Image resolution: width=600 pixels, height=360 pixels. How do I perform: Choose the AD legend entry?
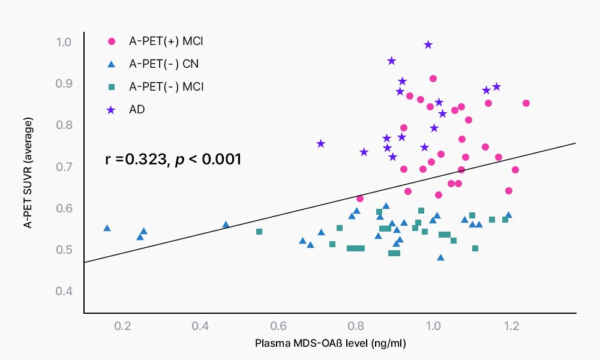coord(137,109)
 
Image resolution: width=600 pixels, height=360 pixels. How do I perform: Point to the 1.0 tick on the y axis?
coord(64,42)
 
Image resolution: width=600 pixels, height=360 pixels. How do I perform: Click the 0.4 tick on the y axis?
coord(64,291)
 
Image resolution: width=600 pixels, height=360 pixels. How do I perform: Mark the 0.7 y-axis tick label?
coord(64,166)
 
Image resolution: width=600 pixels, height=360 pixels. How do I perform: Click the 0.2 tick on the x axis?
coord(123,326)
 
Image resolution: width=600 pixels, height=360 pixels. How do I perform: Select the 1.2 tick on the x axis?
coord(512,326)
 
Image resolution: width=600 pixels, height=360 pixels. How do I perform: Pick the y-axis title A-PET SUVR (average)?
coord(28,173)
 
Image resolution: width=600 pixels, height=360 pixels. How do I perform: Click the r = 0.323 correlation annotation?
coord(173,160)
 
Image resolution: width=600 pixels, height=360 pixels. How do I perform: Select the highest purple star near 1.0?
coord(428,45)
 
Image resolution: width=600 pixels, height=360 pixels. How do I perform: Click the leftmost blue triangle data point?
coord(107,228)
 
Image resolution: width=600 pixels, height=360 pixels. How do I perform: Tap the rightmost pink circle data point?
coord(526,103)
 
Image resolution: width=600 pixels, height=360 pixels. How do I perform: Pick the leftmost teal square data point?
coord(259,232)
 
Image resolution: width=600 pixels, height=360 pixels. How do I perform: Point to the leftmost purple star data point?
coord(321,143)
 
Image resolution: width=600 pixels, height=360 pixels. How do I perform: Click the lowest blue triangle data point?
coord(441,257)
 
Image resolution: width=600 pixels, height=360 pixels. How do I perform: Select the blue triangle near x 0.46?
coord(226,224)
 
